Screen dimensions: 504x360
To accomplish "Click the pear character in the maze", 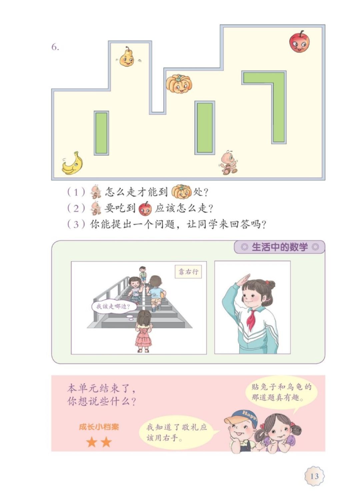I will (x=127, y=57).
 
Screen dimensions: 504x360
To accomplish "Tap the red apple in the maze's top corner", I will (x=299, y=42).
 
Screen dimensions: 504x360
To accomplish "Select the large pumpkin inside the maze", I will (x=179, y=84).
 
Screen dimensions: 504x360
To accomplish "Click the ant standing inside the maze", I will (x=229, y=162).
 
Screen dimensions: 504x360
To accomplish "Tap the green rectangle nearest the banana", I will (x=101, y=133).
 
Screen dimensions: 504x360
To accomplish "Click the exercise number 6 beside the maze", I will (x=55, y=47).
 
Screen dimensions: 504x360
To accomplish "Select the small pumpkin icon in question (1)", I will (x=181, y=192).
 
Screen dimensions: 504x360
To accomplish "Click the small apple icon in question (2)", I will (x=145, y=208).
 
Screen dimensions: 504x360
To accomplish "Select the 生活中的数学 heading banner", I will (x=279, y=247).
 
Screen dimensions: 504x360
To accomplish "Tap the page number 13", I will (x=314, y=476).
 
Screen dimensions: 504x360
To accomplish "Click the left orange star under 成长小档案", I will (x=92, y=443).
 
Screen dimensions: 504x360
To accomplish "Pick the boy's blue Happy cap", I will (x=245, y=417).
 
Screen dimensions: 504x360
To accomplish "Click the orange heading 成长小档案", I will (x=99, y=427).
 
